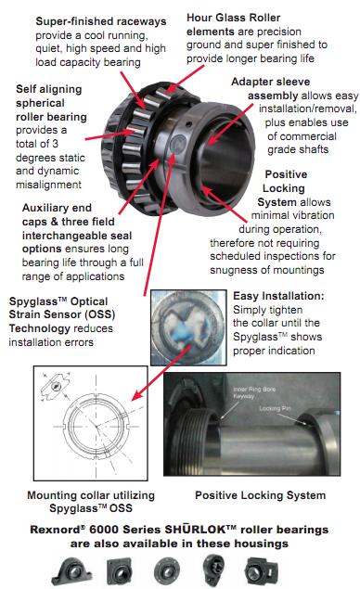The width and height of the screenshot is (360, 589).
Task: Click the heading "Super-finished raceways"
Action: [101, 21]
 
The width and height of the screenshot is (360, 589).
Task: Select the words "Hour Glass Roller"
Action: [234, 18]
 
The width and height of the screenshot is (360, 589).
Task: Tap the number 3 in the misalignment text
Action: [56, 144]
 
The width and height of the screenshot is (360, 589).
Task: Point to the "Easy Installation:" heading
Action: [278, 296]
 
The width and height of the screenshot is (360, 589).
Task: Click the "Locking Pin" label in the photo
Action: [275, 408]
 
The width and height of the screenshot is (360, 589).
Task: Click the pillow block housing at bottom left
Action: [71, 571]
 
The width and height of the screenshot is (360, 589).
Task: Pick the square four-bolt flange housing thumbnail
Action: [119, 571]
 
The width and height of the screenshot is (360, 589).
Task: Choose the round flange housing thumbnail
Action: [167, 571]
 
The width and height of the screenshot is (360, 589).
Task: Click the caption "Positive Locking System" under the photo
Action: [261, 495]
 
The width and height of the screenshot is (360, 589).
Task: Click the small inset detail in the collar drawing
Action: [56, 386]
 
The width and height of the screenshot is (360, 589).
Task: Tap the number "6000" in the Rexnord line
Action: [104, 530]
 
